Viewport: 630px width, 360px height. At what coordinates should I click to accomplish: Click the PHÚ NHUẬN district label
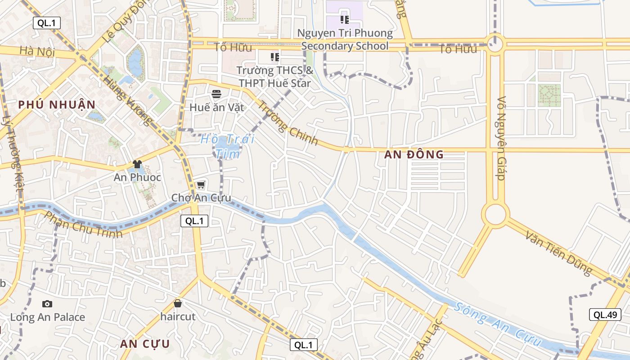[57, 105]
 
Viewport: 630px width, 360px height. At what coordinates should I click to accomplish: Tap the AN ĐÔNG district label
[414, 154]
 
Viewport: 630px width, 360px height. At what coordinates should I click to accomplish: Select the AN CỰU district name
[145, 344]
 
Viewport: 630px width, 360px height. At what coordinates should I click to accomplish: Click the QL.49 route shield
[605, 315]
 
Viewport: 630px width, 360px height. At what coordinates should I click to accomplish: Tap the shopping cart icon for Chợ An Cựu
[201, 184]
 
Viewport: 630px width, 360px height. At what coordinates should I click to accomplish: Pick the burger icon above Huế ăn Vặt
[216, 94]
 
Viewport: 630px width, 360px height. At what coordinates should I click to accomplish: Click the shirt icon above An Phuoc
[137, 164]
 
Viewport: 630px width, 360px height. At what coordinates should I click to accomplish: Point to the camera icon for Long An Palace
[47, 304]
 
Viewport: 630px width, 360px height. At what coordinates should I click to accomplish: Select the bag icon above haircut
[178, 303]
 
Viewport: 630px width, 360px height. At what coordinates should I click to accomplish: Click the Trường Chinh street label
[288, 123]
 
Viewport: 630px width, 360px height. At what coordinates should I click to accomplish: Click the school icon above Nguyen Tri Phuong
[345, 19]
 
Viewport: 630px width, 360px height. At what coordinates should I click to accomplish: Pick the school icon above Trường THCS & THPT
[274, 57]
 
